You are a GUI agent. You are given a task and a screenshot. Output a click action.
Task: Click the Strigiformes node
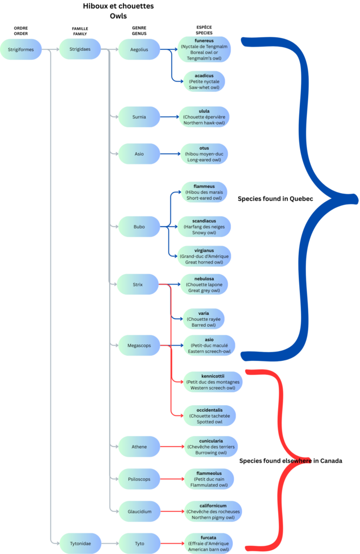point(21,49)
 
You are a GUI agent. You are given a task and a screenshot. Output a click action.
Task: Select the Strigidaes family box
point(80,49)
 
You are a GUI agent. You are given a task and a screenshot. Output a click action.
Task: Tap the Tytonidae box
point(80,543)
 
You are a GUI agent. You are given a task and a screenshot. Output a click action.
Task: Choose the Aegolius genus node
point(139,50)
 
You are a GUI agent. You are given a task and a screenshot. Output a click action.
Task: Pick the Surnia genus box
point(139,117)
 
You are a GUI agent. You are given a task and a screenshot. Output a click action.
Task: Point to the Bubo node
point(139,227)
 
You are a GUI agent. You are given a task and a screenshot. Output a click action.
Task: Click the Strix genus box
point(138,284)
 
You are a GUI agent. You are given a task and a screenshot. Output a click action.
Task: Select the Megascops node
point(139,345)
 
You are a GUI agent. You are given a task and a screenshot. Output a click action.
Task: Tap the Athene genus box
point(139,446)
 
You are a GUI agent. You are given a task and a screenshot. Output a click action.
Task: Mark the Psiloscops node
point(139,479)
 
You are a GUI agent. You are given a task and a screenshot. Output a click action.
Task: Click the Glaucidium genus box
point(139,511)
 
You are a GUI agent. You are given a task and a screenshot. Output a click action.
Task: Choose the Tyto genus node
point(139,543)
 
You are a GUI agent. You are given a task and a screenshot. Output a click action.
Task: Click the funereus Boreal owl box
point(204,49)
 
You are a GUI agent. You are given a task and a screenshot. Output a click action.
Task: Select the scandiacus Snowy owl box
point(204,227)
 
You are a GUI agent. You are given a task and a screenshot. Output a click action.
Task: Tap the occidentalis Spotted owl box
point(210,415)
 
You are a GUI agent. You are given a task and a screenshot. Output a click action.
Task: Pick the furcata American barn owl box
point(208,543)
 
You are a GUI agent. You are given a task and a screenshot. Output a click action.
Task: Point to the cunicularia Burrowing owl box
point(211,446)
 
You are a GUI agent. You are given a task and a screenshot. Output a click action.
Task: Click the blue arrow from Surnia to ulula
point(169,117)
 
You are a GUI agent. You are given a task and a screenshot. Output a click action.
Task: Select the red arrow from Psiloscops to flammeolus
point(171,479)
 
